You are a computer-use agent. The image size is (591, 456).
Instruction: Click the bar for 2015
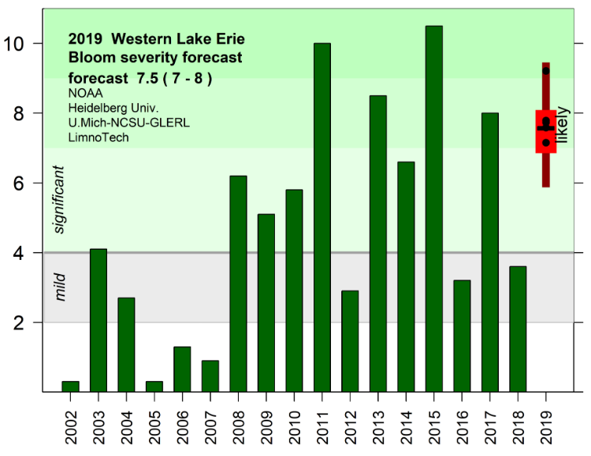tap(433, 209)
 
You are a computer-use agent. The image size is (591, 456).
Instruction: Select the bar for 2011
tap(322, 217)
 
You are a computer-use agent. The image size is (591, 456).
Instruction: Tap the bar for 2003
tap(98, 320)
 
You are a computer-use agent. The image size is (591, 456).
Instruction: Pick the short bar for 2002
tap(70, 386)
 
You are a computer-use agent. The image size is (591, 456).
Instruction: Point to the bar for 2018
tap(517, 328)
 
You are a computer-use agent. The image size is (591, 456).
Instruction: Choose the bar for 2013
tap(377, 243)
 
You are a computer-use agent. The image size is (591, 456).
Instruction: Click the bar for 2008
tap(238, 284)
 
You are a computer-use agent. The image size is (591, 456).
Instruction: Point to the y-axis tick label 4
tap(26, 253)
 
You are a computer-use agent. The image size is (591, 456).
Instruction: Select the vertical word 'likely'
tap(563, 127)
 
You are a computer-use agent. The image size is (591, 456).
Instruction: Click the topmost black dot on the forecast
tap(545, 71)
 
